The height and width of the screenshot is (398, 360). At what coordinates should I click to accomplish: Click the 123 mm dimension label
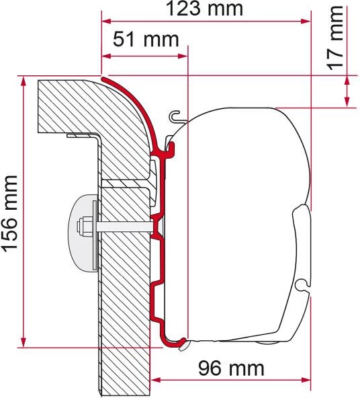click(204, 9)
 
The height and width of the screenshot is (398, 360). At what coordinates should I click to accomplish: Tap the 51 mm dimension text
click(146, 40)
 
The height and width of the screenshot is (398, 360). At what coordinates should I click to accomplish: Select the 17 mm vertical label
click(335, 38)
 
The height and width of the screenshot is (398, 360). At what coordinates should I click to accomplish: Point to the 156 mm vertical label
click(10, 214)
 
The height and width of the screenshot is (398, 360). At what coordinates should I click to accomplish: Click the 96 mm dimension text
click(231, 368)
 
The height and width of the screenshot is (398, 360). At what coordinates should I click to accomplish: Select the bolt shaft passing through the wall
click(124, 227)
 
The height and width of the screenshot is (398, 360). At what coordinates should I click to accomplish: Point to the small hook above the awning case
click(175, 116)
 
